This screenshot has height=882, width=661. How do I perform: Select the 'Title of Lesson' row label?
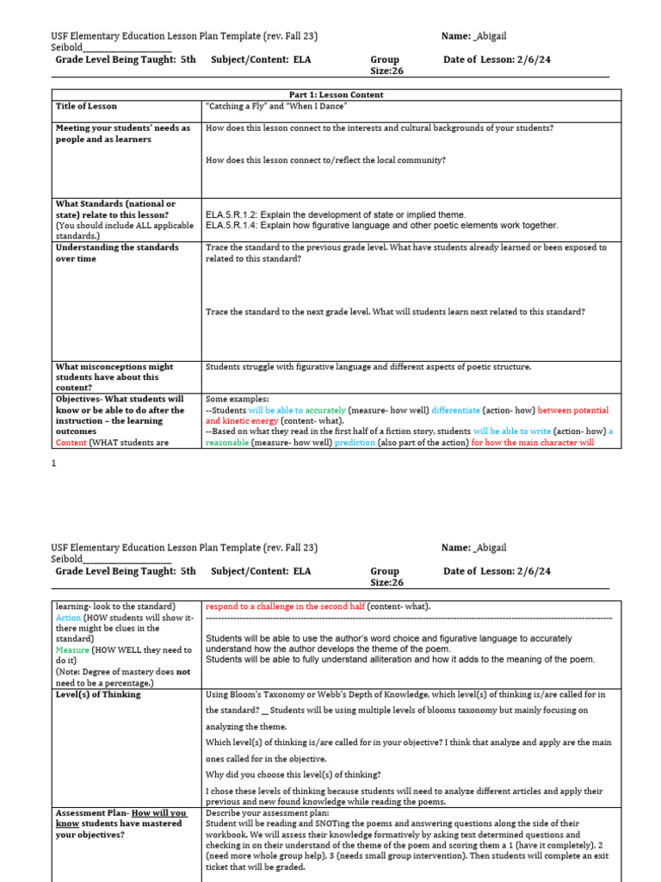87,106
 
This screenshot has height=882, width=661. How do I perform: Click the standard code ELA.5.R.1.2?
231,214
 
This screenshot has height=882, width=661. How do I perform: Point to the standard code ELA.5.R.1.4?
231,226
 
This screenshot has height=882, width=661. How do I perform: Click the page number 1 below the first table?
53,463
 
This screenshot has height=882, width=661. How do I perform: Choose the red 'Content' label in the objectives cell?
71,443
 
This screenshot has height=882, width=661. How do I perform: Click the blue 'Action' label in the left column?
68,618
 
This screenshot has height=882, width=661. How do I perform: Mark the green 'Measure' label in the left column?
72,649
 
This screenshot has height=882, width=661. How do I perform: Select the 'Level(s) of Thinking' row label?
98,694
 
